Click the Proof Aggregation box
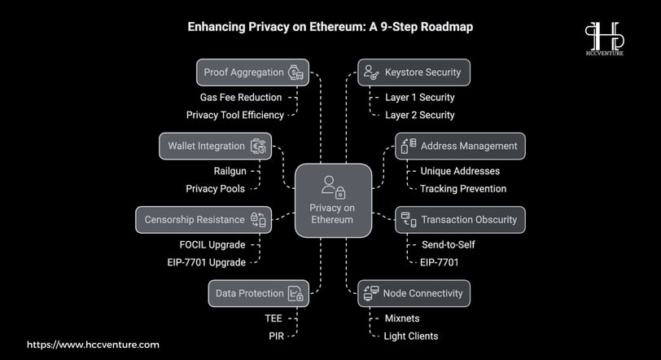(252, 72)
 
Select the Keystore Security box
(414, 72)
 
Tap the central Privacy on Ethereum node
(333, 200)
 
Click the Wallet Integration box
(216, 147)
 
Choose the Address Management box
(461, 147)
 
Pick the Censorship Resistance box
(204, 220)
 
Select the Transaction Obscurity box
(461, 220)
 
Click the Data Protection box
(258, 293)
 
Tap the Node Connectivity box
(414, 293)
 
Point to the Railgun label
(230, 171)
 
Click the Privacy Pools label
(216, 189)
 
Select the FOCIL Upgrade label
(212, 245)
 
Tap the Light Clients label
(411, 336)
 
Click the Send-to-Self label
(448, 245)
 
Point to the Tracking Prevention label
(463, 189)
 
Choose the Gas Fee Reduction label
(241, 98)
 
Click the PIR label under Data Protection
(277, 336)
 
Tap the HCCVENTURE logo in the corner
(605, 39)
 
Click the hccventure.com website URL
(93, 345)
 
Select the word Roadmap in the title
(447, 27)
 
